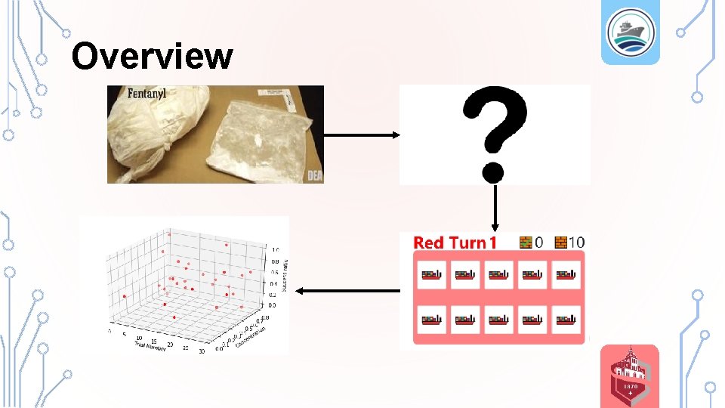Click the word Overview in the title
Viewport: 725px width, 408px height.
click(152, 56)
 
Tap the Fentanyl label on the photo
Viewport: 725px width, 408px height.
click(137, 94)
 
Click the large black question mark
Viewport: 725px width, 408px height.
click(495, 133)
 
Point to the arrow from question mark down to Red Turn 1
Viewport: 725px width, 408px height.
click(495, 208)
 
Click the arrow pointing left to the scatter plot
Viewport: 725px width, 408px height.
click(347, 290)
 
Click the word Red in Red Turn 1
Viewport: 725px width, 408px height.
click(428, 243)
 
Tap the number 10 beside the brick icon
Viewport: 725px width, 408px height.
click(577, 243)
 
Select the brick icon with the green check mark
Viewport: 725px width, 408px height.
click(526, 243)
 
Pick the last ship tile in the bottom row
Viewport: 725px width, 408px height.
click(565, 320)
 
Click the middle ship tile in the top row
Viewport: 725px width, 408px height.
click(499, 274)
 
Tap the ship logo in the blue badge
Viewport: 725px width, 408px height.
click(629, 32)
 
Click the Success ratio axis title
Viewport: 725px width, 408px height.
click(285, 276)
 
